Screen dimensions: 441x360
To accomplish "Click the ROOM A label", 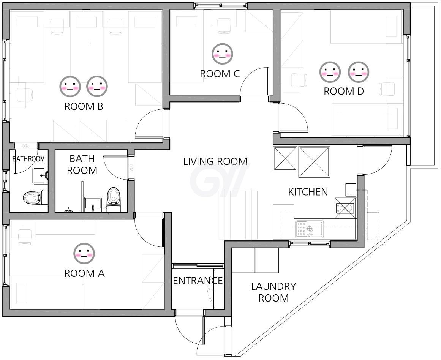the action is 84,273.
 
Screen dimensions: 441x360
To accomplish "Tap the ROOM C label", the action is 220,74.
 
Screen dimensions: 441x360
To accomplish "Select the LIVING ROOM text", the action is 215,161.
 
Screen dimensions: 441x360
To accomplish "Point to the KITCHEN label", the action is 308,192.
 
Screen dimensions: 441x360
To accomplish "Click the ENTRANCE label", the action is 198,280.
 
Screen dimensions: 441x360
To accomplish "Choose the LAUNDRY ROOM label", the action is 273,292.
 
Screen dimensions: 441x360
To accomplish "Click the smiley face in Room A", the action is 84,253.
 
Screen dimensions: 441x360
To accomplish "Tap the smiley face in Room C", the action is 223,54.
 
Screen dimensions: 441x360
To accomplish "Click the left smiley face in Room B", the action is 70,86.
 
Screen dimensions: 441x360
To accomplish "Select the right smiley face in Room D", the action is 358,72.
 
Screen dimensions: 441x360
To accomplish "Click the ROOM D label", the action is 344,91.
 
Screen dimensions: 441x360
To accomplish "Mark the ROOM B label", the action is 84,106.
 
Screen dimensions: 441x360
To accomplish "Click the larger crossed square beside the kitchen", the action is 314,162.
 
